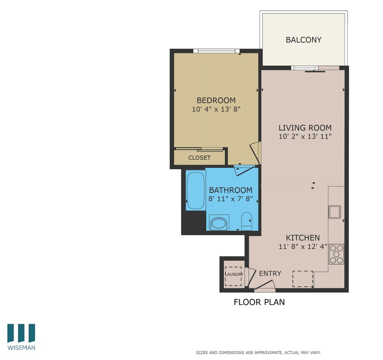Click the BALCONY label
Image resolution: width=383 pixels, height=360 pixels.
pyautogui.click(x=303, y=40)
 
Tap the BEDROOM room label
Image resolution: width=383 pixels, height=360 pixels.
pyautogui.click(x=216, y=100)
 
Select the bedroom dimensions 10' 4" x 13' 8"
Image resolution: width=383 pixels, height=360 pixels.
pyautogui.click(x=216, y=109)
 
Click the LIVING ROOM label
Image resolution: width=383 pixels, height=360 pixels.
pyautogui.click(x=305, y=128)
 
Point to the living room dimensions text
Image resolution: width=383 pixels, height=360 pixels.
pyautogui.click(x=305, y=136)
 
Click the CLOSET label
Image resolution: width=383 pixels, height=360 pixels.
pyautogui.click(x=199, y=157)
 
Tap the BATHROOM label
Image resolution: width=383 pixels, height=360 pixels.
pyautogui.click(x=230, y=190)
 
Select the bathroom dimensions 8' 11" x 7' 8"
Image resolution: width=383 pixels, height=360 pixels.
pyautogui.click(x=230, y=198)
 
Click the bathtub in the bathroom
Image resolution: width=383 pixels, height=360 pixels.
pyautogui.click(x=195, y=190)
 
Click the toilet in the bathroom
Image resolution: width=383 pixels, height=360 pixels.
pyautogui.click(x=247, y=221)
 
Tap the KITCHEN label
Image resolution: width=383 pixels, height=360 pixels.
pyautogui.click(x=302, y=238)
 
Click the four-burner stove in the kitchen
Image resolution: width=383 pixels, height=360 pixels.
pyautogui.click(x=336, y=254)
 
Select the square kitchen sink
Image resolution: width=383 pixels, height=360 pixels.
pyautogui.click(x=334, y=212)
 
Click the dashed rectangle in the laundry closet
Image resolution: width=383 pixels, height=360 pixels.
pyautogui.click(x=233, y=276)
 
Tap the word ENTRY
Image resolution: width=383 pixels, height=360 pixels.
pyautogui.click(x=270, y=273)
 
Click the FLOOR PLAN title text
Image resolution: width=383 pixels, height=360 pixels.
pyautogui.click(x=259, y=302)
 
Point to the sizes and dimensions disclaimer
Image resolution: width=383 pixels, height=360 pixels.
pyautogui.click(x=258, y=353)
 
